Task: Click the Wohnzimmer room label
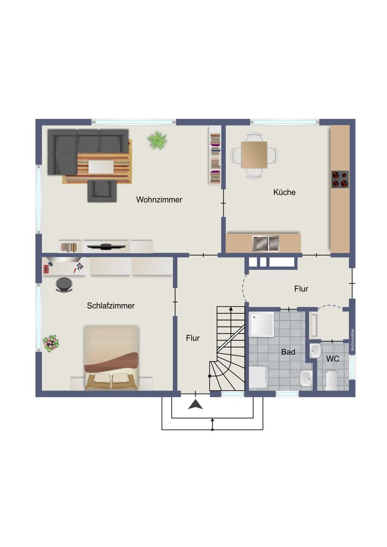click(x=159, y=200)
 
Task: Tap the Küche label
click(x=284, y=192)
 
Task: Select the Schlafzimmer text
click(x=111, y=306)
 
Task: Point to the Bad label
click(x=288, y=352)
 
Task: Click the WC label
click(x=333, y=359)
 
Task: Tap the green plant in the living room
click(x=157, y=140)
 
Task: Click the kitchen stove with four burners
click(x=340, y=179)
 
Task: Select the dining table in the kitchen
click(x=254, y=155)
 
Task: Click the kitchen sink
click(x=266, y=243)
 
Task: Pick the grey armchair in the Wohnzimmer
click(x=102, y=191)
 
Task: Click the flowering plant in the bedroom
click(x=51, y=343)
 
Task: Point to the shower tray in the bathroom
click(x=261, y=325)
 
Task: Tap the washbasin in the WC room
click(x=315, y=351)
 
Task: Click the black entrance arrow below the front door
click(x=195, y=404)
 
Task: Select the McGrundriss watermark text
click(x=352, y=340)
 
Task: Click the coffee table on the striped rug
click(x=101, y=166)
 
